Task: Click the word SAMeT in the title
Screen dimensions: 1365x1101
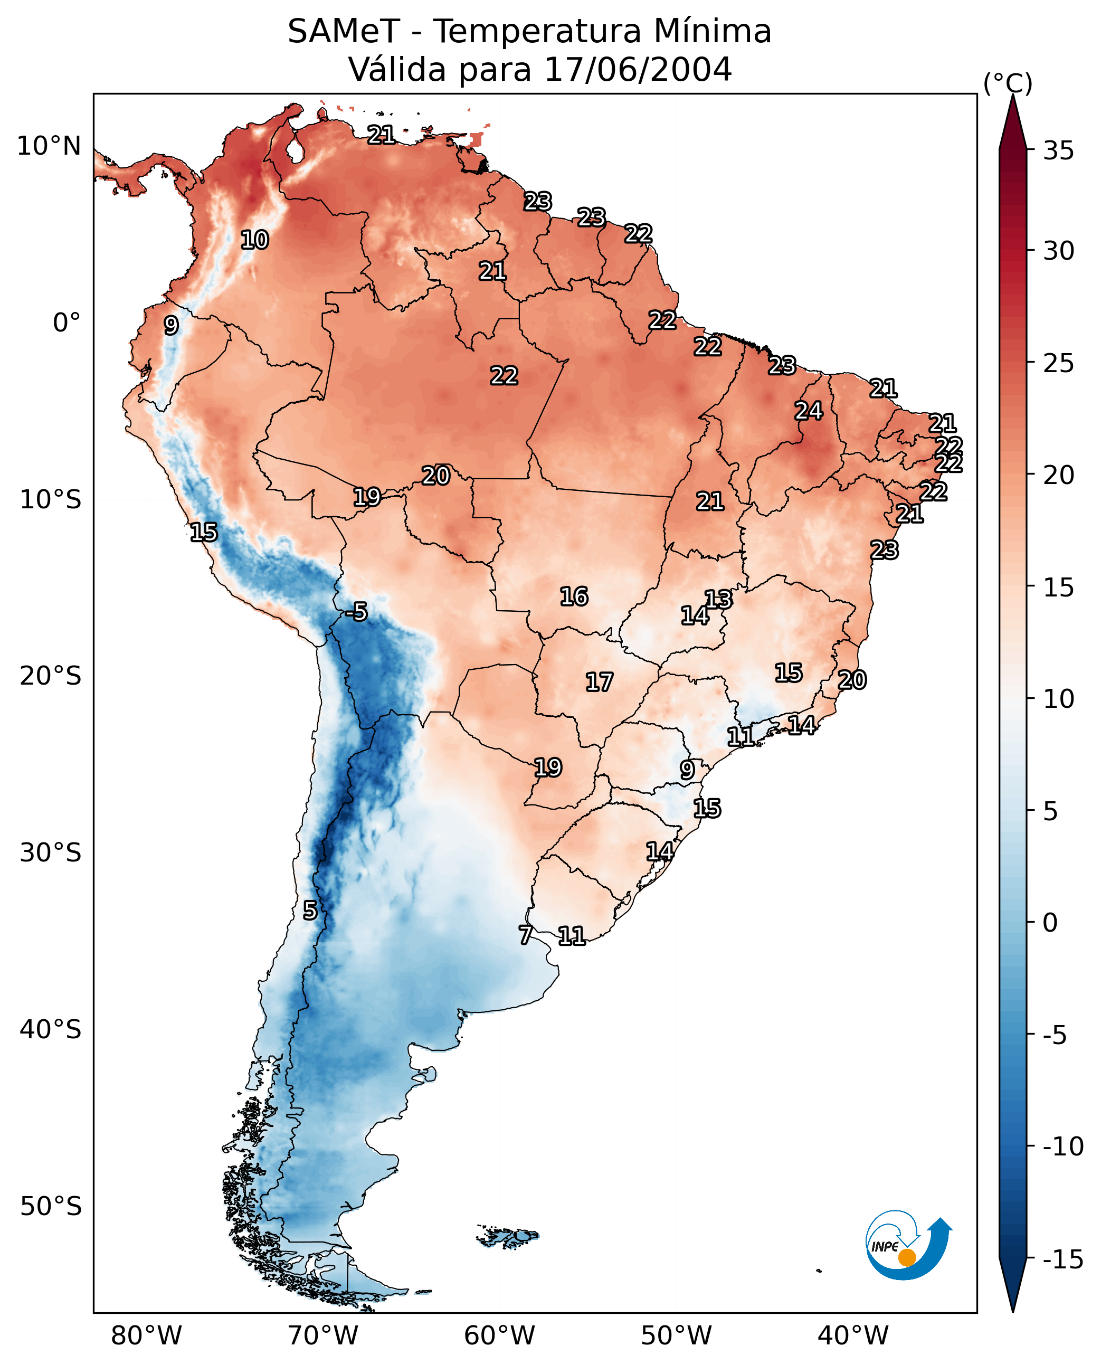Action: point(343,32)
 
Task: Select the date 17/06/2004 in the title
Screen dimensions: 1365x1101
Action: point(638,69)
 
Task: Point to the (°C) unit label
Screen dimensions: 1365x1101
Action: point(1007,83)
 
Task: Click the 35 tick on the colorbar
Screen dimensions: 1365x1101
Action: point(1058,151)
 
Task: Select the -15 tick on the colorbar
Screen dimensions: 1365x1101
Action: point(1062,1259)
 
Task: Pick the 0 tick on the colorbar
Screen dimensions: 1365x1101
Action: point(1050,923)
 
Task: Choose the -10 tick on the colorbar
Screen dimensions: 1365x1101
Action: point(1062,1147)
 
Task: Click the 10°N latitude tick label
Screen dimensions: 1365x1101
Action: point(49,147)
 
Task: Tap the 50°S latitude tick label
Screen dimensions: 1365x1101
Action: point(50,1207)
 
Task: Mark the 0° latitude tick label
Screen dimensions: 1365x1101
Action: point(67,323)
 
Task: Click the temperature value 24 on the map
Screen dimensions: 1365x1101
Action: point(809,411)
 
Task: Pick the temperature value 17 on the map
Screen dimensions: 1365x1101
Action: point(599,683)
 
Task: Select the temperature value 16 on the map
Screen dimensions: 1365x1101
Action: point(573,596)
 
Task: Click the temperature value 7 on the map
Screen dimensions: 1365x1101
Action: point(525,935)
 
